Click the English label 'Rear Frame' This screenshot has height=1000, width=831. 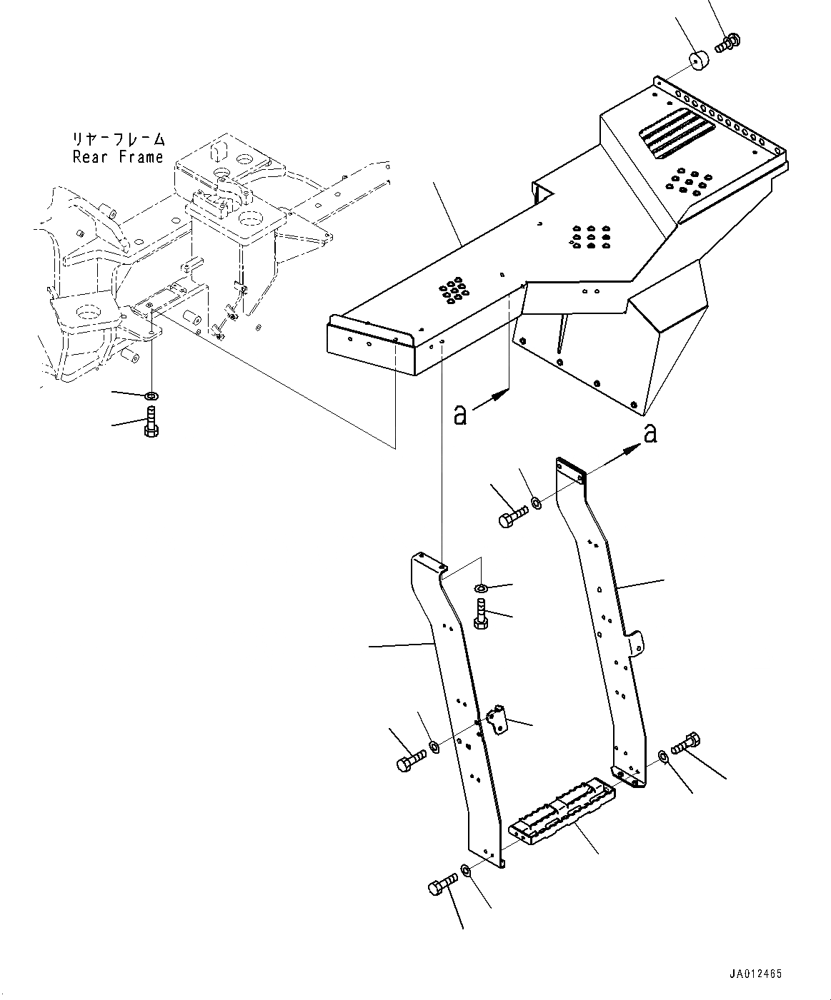118,157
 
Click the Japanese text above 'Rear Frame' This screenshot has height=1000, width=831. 118,138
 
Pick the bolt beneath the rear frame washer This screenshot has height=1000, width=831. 151,420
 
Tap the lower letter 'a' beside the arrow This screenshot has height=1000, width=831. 461,414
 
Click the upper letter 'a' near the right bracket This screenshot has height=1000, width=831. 650,433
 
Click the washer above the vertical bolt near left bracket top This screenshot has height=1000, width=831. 481,587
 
